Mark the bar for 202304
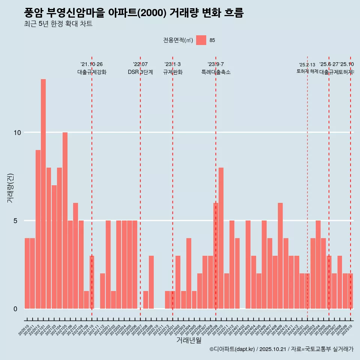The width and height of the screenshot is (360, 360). (189, 273)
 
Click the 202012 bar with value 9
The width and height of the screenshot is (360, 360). (38, 229)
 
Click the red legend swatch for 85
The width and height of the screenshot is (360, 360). (201, 40)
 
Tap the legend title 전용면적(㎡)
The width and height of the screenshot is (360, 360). (178, 40)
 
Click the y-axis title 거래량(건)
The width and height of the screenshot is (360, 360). (10, 187)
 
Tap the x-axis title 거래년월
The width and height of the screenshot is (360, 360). (189, 340)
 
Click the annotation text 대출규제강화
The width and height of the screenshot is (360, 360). (92, 72)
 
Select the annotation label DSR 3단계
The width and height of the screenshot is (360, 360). (140, 72)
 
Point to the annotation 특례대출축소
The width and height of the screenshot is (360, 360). (216, 72)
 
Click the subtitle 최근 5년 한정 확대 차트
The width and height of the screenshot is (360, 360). (58, 24)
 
